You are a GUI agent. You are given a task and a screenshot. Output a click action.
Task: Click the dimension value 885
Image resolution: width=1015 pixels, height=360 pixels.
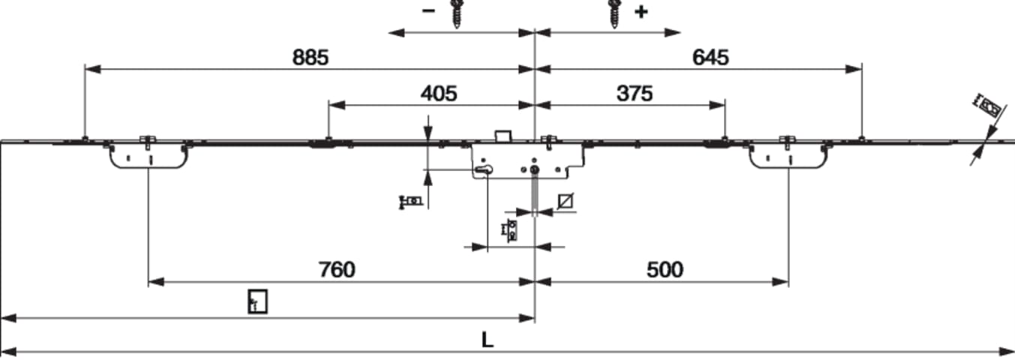pyautogui.click(x=311, y=58)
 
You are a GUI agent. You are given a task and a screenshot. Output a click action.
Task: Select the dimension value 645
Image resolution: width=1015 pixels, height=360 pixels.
pyautogui.click(x=710, y=58)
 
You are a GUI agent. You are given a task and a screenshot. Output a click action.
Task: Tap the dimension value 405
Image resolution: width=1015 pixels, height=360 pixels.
pyautogui.click(x=439, y=94)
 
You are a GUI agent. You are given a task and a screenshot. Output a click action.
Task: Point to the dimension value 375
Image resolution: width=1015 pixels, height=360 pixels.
pyautogui.click(x=635, y=94)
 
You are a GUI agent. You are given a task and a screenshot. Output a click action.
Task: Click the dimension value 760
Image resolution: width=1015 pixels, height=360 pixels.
pyautogui.click(x=337, y=270)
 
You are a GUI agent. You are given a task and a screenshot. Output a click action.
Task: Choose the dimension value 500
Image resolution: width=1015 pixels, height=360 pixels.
pyautogui.click(x=665, y=270)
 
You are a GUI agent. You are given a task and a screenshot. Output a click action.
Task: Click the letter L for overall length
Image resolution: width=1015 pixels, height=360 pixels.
pyautogui.click(x=487, y=340)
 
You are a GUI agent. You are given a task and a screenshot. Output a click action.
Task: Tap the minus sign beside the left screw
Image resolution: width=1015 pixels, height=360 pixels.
pyautogui.click(x=428, y=11)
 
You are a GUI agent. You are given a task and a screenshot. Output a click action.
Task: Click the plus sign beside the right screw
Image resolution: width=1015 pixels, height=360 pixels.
pyautogui.click(x=641, y=12)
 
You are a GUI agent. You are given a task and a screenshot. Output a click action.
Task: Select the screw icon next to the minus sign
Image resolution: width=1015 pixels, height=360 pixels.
pyautogui.click(x=456, y=13)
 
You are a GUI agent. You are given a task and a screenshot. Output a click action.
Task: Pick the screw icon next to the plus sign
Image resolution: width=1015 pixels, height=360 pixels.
pyautogui.click(x=614, y=13)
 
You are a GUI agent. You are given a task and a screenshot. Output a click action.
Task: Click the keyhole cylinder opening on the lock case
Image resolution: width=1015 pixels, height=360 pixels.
pyautogui.click(x=483, y=169)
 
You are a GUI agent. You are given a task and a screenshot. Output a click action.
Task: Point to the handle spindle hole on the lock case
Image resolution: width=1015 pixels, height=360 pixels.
pyautogui.click(x=535, y=169)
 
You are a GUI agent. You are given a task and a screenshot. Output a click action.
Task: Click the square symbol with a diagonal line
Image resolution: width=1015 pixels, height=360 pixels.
pyautogui.click(x=566, y=201)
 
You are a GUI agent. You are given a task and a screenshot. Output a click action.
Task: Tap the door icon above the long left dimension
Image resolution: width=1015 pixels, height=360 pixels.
pyautogui.click(x=257, y=301)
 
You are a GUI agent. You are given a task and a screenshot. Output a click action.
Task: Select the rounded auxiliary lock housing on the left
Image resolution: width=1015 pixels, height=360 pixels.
pyautogui.click(x=149, y=156)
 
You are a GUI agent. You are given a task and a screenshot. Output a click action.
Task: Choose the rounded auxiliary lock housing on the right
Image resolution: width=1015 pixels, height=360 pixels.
pyautogui.click(x=788, y=156)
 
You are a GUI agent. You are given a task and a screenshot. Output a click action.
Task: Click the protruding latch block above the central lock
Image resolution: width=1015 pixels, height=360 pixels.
pyautogui.click(x=503, y=136)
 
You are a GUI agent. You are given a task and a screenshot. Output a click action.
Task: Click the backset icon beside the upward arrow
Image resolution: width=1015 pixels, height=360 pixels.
pyautogui.click(x=411, y=202)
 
